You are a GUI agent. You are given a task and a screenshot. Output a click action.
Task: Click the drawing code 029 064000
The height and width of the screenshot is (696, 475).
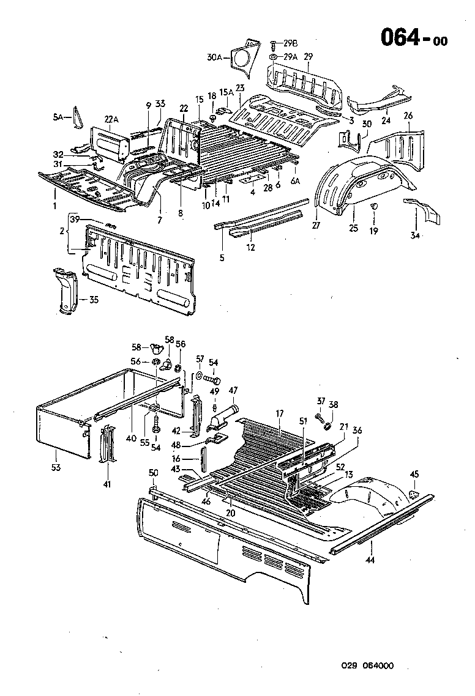tap(368, 667)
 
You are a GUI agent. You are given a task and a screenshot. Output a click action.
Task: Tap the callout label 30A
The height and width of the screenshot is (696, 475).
tap(214, 58)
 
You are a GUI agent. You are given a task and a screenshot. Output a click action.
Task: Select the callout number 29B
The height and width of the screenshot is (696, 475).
tap(290, 43)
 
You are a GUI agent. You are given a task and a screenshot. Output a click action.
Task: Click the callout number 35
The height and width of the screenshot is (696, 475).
tap(93, 300)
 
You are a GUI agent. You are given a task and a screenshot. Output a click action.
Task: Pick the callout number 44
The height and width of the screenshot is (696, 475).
tap(370, 559)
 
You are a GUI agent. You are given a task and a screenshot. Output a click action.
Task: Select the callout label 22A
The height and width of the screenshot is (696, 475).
tap(111, 119)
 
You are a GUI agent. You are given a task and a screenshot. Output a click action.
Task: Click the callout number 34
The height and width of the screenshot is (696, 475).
tap(416, 235)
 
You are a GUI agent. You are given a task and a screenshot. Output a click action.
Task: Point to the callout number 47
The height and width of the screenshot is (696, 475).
tap(233, 390)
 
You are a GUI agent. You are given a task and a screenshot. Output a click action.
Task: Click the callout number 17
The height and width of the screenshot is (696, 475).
tap(280, 414)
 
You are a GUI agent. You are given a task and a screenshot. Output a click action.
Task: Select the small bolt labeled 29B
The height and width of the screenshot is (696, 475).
tap(273, 44)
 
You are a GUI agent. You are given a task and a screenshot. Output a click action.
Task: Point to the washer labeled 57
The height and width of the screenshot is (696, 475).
tap(200, 375)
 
